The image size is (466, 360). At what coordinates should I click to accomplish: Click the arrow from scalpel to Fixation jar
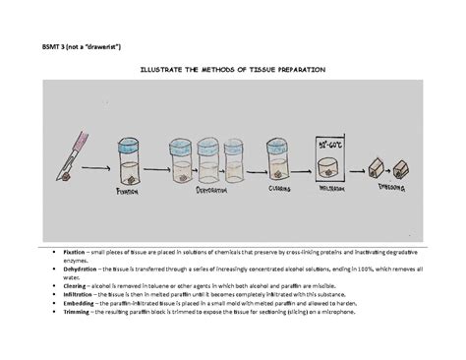click(91, 168)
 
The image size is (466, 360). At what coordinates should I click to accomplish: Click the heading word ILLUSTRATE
click(163, 71)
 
